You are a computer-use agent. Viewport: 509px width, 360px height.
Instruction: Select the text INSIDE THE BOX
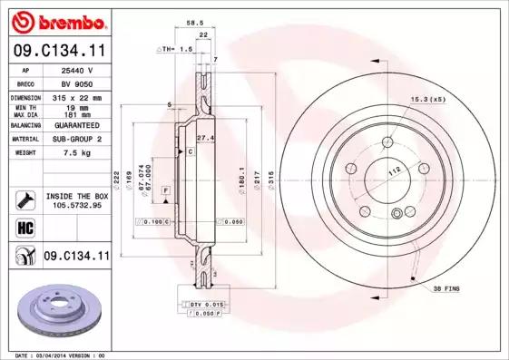pos(76,195)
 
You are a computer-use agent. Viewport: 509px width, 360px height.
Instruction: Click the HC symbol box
pos(24,228)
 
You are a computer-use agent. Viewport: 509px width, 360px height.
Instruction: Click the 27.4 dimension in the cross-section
pos(205,137)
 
